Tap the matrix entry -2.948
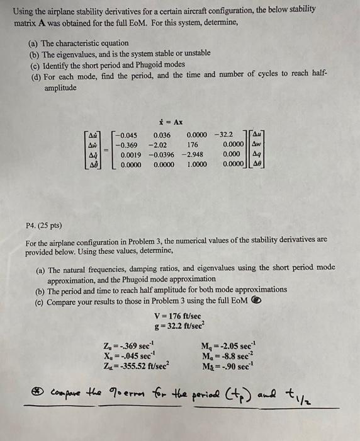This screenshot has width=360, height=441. click(193, 154)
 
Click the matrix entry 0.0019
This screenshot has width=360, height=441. click(129, 154)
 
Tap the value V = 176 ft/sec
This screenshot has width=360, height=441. click(178, 314)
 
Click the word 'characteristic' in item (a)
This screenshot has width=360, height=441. click(94, 43)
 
